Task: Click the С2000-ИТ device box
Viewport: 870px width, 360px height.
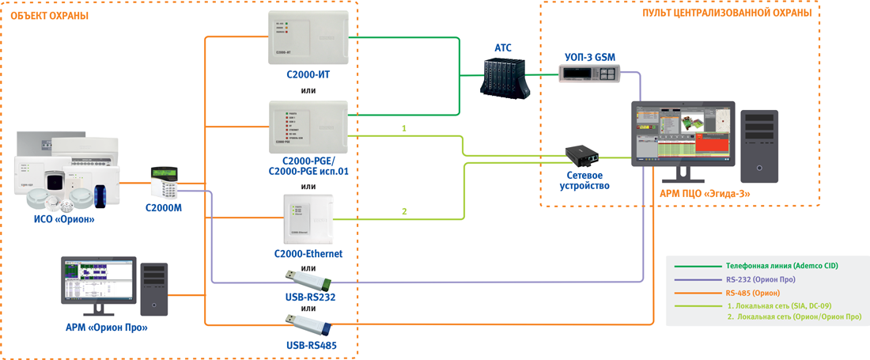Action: point(308,37)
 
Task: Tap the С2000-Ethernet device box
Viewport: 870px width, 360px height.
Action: point(308,219)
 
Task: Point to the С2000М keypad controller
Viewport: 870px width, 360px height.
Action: point(168,184)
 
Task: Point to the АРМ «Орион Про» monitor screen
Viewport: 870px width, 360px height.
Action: point(96,280)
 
